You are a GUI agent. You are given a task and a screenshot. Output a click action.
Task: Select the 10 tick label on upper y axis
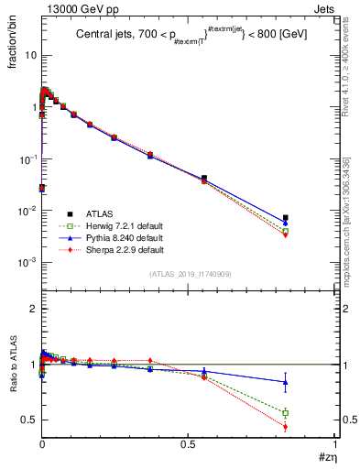29,55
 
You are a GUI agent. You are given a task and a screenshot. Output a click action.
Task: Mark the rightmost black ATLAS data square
311,218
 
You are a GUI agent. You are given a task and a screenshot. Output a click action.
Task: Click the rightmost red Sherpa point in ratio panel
311,426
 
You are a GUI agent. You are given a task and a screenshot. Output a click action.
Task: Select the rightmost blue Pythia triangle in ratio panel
311,382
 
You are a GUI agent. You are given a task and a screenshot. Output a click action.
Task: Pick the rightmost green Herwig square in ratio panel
311,413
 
